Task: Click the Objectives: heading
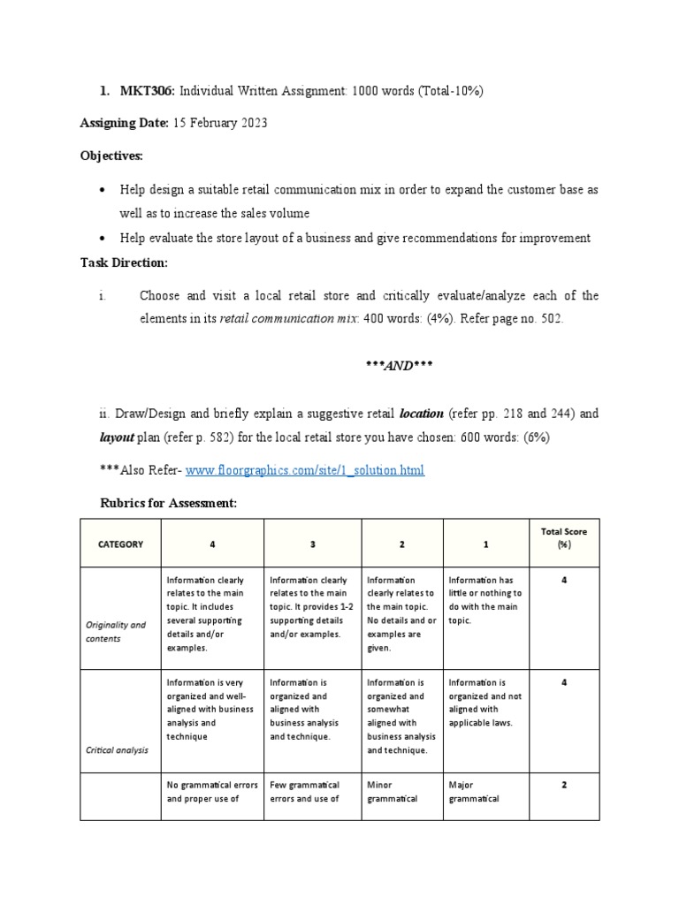pos(111,156)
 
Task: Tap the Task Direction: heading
pos(124,262)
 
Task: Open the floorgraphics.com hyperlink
pos(304,470)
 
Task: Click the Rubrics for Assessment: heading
pos(169,503)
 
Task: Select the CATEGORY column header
pos(119,544)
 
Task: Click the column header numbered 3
pos(312,544)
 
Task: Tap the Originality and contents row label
pos(116,631)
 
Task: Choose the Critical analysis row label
pos(117,750)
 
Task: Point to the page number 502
pos(548,319)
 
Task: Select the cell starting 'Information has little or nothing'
pos(484,600)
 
